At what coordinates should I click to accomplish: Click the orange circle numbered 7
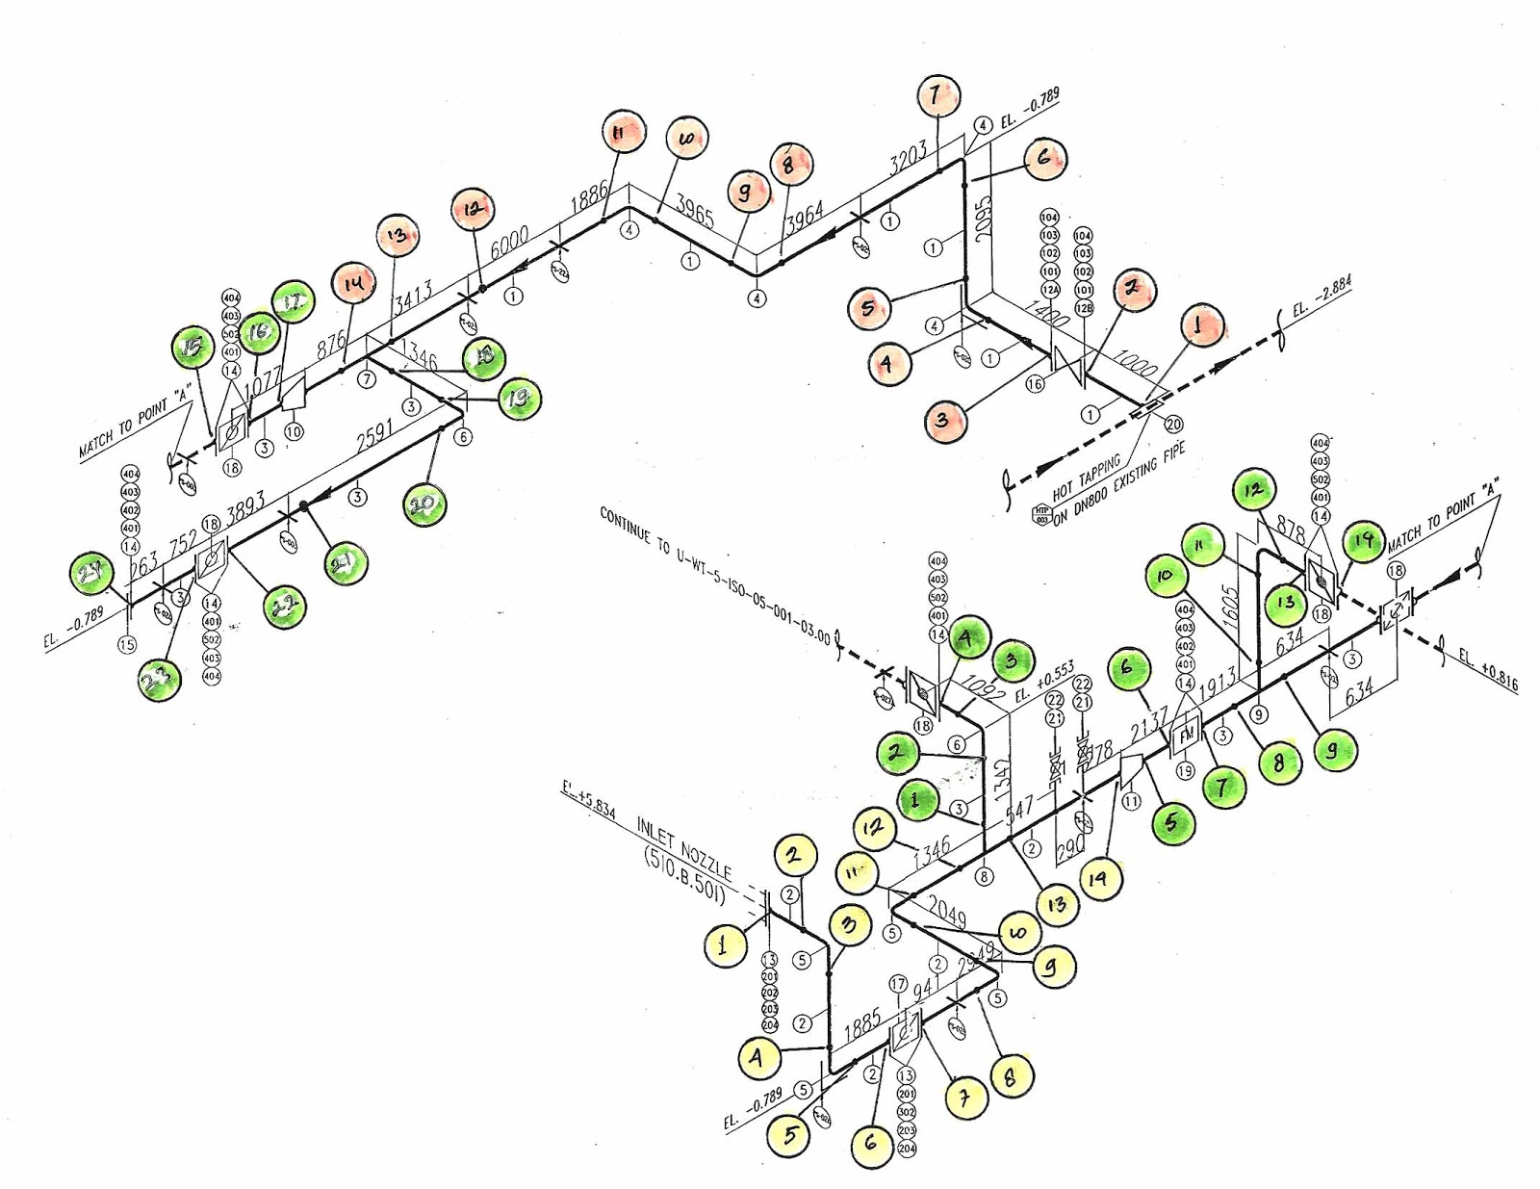(x=935, y=96)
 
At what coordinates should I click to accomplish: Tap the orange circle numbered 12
(x=473, y=209)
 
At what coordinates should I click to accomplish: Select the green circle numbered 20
(x=424, y=504)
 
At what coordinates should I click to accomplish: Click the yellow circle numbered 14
(x=1098, y=878)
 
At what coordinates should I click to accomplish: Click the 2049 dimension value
(x=948, y=912)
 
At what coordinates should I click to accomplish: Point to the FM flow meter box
(x=1185, y=736)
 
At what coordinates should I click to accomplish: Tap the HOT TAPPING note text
(x=1086, y=477)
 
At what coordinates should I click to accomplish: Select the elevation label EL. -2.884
(x=1322, y=297)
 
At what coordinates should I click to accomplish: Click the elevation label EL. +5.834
(x=588, y=801)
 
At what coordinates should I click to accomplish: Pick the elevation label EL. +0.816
(x=1487, y=671)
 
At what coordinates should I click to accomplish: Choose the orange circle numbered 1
(x=1198, y=325)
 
